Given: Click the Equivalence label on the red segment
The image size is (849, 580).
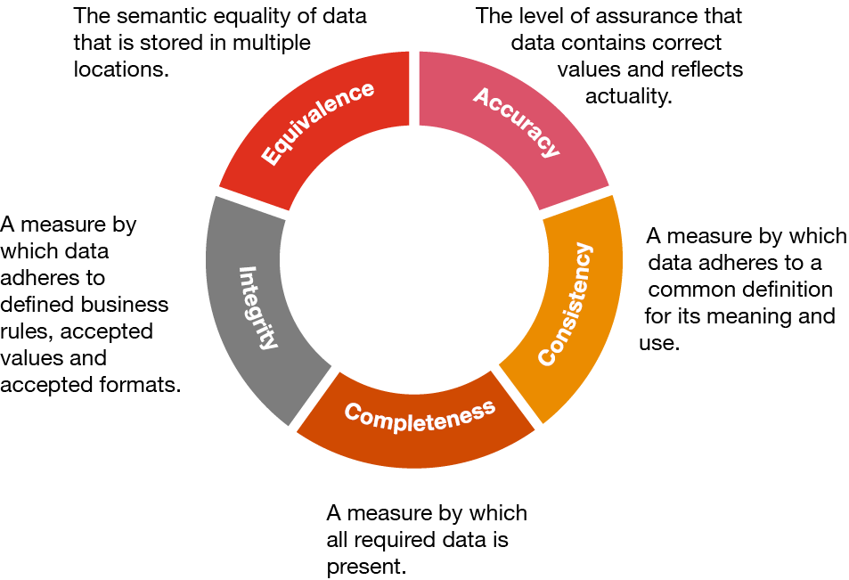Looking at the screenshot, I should pyautogui.click(x=317, y=123).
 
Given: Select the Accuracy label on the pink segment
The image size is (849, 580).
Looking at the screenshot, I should pyautogui.click(x=518, y=121).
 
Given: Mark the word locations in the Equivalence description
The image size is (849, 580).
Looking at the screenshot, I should pyautogui.click(x=120, y=69).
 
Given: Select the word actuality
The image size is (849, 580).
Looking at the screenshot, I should pyautogui.click(x=628, y=96).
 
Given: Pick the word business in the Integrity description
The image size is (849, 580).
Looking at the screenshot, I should pyautogui.click(x=125, y=305).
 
